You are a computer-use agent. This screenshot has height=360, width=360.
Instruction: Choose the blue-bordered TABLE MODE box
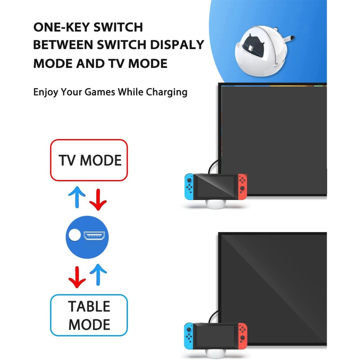[89, 315]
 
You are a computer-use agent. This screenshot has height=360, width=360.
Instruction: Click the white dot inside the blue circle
[75, 235]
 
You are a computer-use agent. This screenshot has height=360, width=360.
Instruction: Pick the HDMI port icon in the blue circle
[94, 235]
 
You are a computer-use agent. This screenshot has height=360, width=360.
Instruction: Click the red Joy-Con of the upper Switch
[243, 187]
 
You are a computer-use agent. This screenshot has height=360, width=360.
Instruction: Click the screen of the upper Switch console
[215, 187]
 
